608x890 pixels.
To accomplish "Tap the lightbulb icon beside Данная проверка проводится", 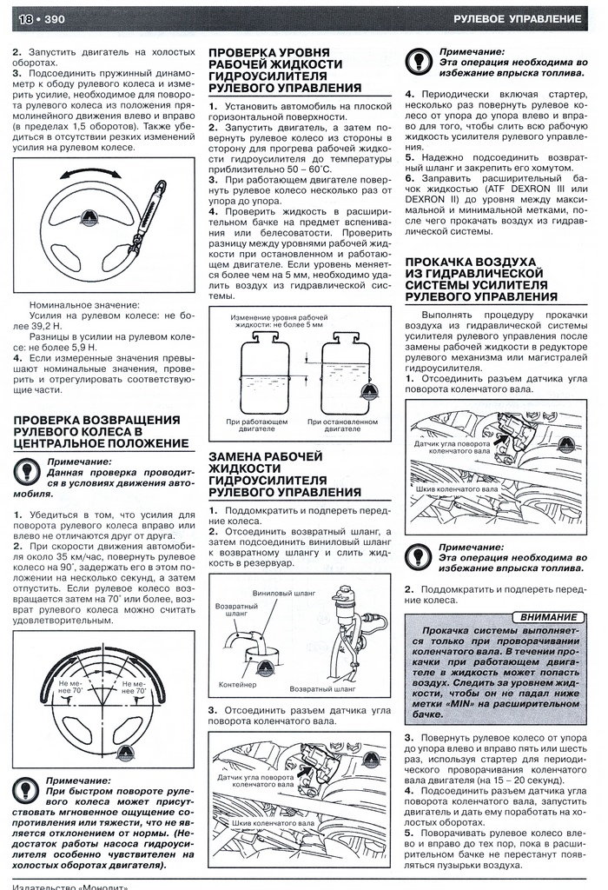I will [29, 473].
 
